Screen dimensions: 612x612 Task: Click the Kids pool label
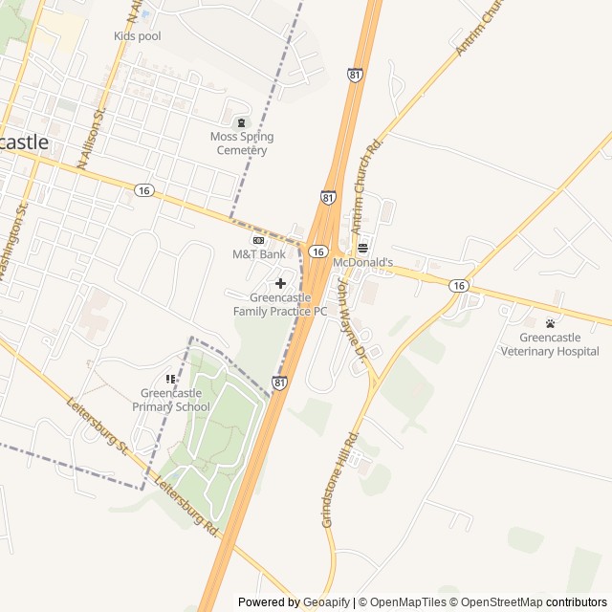click(x=138, y=36)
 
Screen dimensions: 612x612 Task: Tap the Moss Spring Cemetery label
click(x=242, y=143)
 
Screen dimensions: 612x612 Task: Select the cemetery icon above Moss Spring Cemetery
click(x=241, y=122)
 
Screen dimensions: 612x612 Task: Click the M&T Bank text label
click(x=258, y=254)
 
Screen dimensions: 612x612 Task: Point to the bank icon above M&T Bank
click(x=258, y=240)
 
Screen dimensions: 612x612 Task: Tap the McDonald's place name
click(x=362, y=262)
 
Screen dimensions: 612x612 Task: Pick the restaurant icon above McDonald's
click(x=362, y=248)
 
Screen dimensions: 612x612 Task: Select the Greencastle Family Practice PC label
click(x=280, y=304)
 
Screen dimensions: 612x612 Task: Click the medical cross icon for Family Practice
click(x=280, y=283)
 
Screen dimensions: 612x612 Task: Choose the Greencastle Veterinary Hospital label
click(x=550, y=344)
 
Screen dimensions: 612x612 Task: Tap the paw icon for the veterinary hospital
click(x=550, y=323)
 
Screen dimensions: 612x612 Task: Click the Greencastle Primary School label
click(x=175, y=400)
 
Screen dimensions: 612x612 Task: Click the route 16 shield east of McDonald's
click(x=460, y=285)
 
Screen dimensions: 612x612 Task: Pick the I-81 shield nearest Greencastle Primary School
click(x=279, y=383)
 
